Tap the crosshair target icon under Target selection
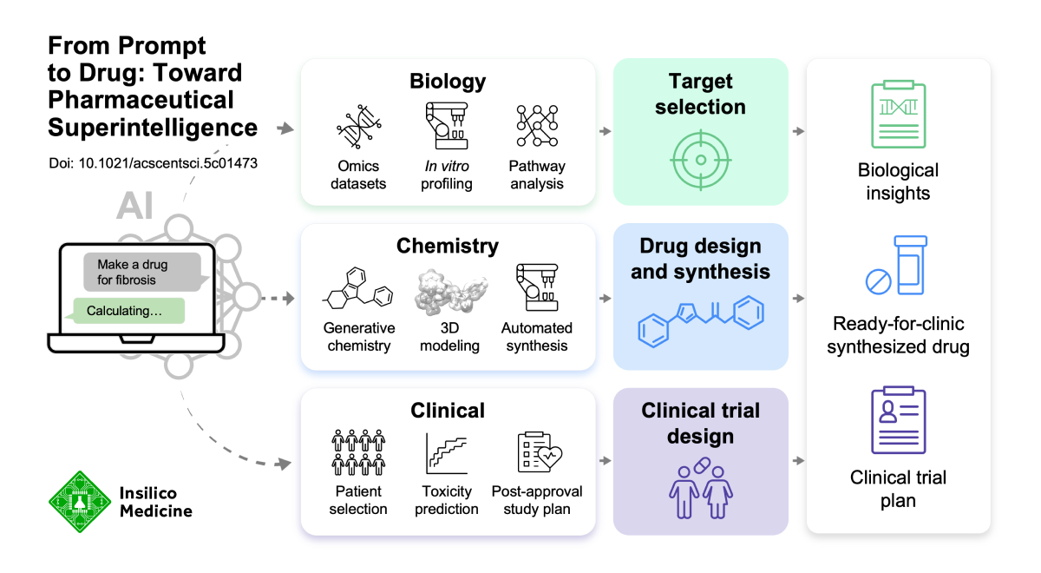coord(700,159)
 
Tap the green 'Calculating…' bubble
coord(129,311)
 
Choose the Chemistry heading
coord(448,247)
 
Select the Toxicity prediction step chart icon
coord(447,453)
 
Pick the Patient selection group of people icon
coord(358,453)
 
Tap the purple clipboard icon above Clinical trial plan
coord(898,421)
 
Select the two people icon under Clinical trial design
coord(700,492)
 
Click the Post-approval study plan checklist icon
coord(536,453)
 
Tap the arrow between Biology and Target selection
coord(605,131)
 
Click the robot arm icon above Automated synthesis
coord(536,289)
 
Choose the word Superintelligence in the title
coord(153,128)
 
